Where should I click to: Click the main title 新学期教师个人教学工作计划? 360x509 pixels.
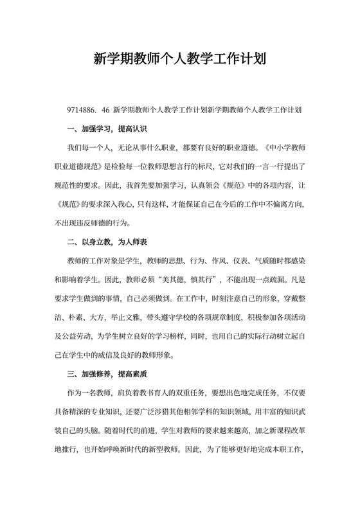(x=180, y=59)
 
